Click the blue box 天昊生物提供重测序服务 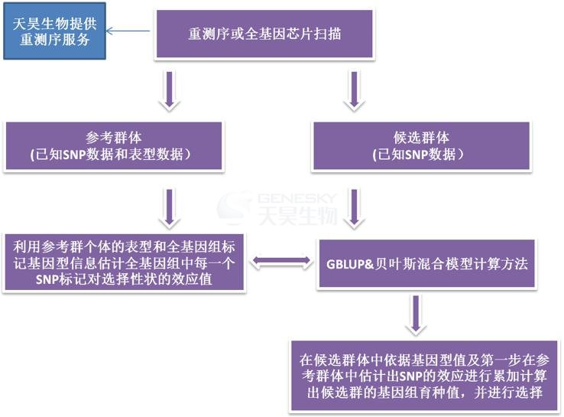[x=55, y=31]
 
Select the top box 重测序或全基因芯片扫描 [x=264, y=34]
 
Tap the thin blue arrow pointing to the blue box [x=128, y=31]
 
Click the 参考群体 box [x=114, y=146]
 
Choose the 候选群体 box [x=422, y=146]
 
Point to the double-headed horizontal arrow [x=282, y=262]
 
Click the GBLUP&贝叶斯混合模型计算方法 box [x=426, y=263]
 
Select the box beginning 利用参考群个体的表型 [x=124, y=262]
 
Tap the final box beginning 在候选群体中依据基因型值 [x=424, y=376]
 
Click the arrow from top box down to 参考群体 [x=170, y=91]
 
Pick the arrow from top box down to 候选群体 [x=355, y=91]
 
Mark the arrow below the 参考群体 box [x=170, y=208]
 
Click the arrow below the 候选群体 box [x=355, y=208]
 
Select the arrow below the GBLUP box [x=417, y=314]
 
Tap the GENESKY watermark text [x=297, y=198]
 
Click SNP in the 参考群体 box [x=74, y=155]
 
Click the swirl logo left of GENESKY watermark [x=235, y=208]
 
